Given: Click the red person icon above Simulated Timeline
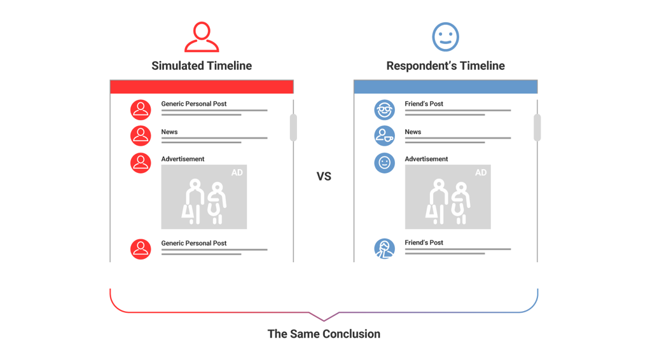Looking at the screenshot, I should point(202,37).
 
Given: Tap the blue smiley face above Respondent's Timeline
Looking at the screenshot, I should point(445,37).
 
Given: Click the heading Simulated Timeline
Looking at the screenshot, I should point(202,66).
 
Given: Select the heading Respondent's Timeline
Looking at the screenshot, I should point(445,66).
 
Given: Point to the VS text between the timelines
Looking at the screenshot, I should point(324,176).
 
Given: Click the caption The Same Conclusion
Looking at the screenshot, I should point(324,334).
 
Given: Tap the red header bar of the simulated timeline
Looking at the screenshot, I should point(202,87).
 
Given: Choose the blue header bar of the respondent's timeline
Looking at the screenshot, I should point(445,87).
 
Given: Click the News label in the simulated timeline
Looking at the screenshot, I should point(169,132).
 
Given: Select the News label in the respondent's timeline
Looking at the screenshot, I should point(413,132).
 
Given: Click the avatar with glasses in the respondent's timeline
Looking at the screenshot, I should point(384,109).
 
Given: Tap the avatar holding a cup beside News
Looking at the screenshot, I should point(384,135).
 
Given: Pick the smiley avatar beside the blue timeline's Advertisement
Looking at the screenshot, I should point(384,163).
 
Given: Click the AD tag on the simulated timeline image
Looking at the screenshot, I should point(237,172).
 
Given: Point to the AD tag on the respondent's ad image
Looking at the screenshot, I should point(480,172).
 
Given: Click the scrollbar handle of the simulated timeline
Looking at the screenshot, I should point(293,127).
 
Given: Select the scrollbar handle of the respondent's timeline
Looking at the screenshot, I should point(537,127).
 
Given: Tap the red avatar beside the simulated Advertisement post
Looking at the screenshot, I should point(141,163).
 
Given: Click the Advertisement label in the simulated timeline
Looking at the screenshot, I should point(183,159).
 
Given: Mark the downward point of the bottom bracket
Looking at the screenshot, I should point(324,319).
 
